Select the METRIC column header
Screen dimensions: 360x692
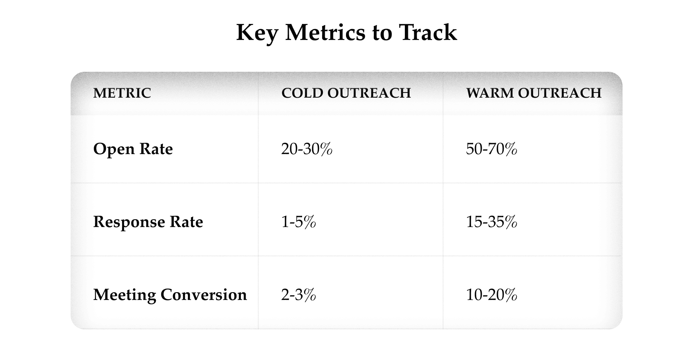pyautogui.click(x=122, y=93)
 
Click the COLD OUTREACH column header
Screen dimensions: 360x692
pyautogui.click(x=346, y=93)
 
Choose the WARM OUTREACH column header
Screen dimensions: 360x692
pyautogui.click(x=534, y=93)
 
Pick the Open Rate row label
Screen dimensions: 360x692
pyautogui.click(x=133, y=149)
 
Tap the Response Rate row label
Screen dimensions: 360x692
pyautogui.click(x=148, y=222)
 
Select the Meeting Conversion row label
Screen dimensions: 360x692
pyautogui.click(x=170, y=295)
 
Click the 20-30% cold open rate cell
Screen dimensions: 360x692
pyautogui.click(x=307, y=149)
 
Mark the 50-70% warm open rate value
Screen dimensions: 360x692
pyautogui.click(x=492, y=149)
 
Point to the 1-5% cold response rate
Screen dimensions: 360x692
pyautogui.click(x=299, y=222)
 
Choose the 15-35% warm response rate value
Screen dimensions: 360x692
pyautogui.click(x=492, y=222)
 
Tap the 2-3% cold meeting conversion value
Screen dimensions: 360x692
pyautogui.click(x=299, y=295)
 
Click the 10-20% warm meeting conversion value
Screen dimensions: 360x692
pyautogui.click(x=492, y=295)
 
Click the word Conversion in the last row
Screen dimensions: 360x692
pyautogui.click(x=204, y=295)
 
